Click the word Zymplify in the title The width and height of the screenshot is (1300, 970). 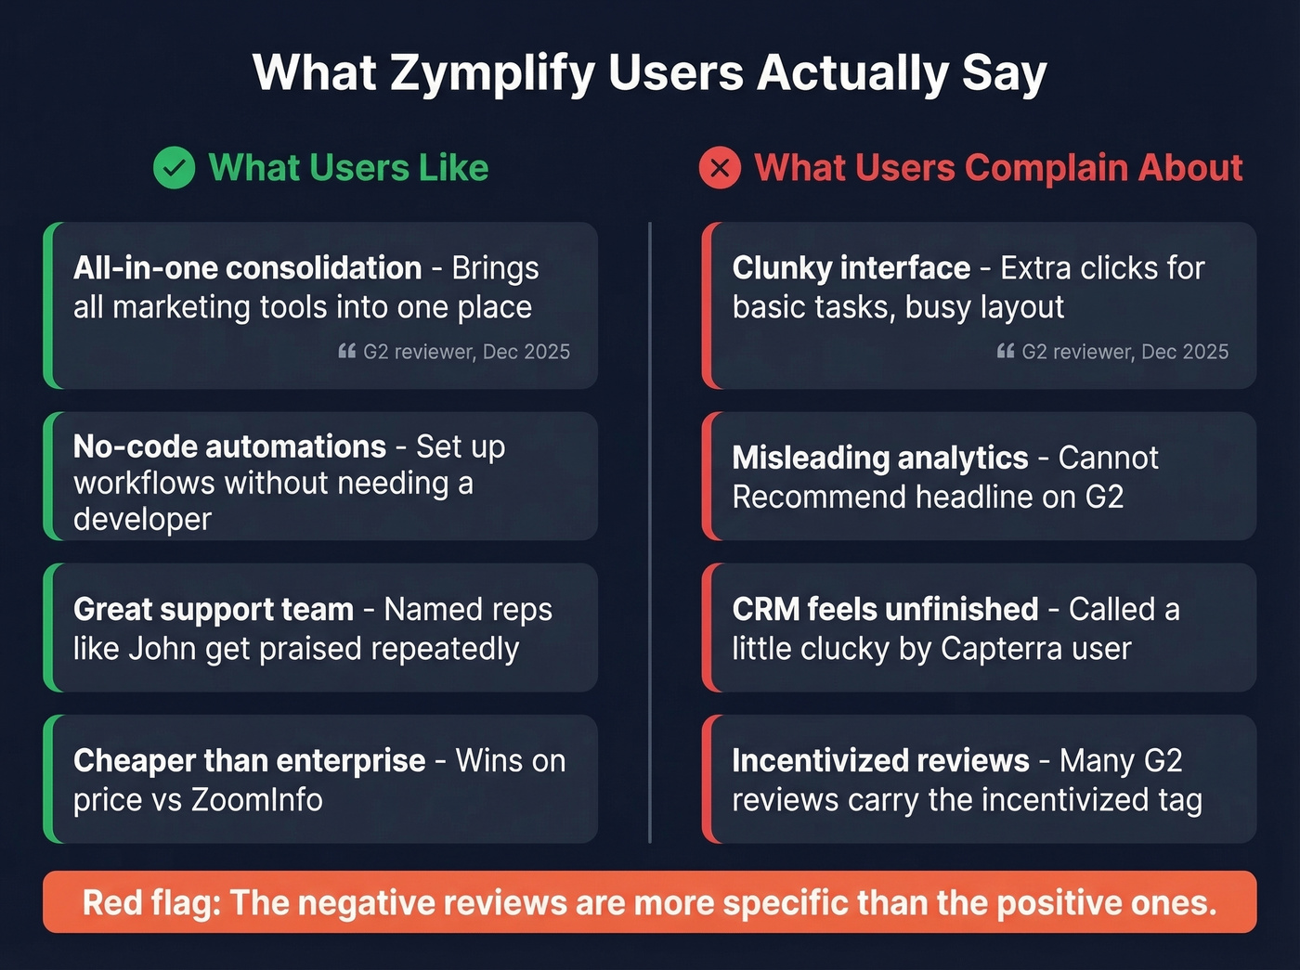(x=492, y=73)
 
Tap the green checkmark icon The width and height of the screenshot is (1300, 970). (x=174, y=168)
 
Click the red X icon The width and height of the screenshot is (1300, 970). (x=720, y=168)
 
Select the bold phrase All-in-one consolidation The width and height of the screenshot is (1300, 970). (x=247, y=268)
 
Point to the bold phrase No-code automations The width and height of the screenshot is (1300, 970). (x=229, y=446)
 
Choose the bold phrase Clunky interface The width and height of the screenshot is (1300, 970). (x=851, y=268)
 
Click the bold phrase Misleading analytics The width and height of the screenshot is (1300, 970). (x=879, y=458)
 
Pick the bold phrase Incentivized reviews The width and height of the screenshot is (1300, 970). (x=880, y=760)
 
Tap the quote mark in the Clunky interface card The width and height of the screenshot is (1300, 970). (x=1005, y=352)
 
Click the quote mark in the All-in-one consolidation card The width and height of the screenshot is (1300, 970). (x=346, y=352)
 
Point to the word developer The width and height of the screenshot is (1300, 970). (x=142, y=519)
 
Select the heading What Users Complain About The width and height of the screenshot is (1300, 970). (x=998, y=168)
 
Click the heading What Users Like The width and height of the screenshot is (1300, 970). (x=348, y=168)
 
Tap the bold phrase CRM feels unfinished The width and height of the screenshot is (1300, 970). (x=885, y=609)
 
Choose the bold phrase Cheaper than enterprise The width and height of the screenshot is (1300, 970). (x=249, y=760)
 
